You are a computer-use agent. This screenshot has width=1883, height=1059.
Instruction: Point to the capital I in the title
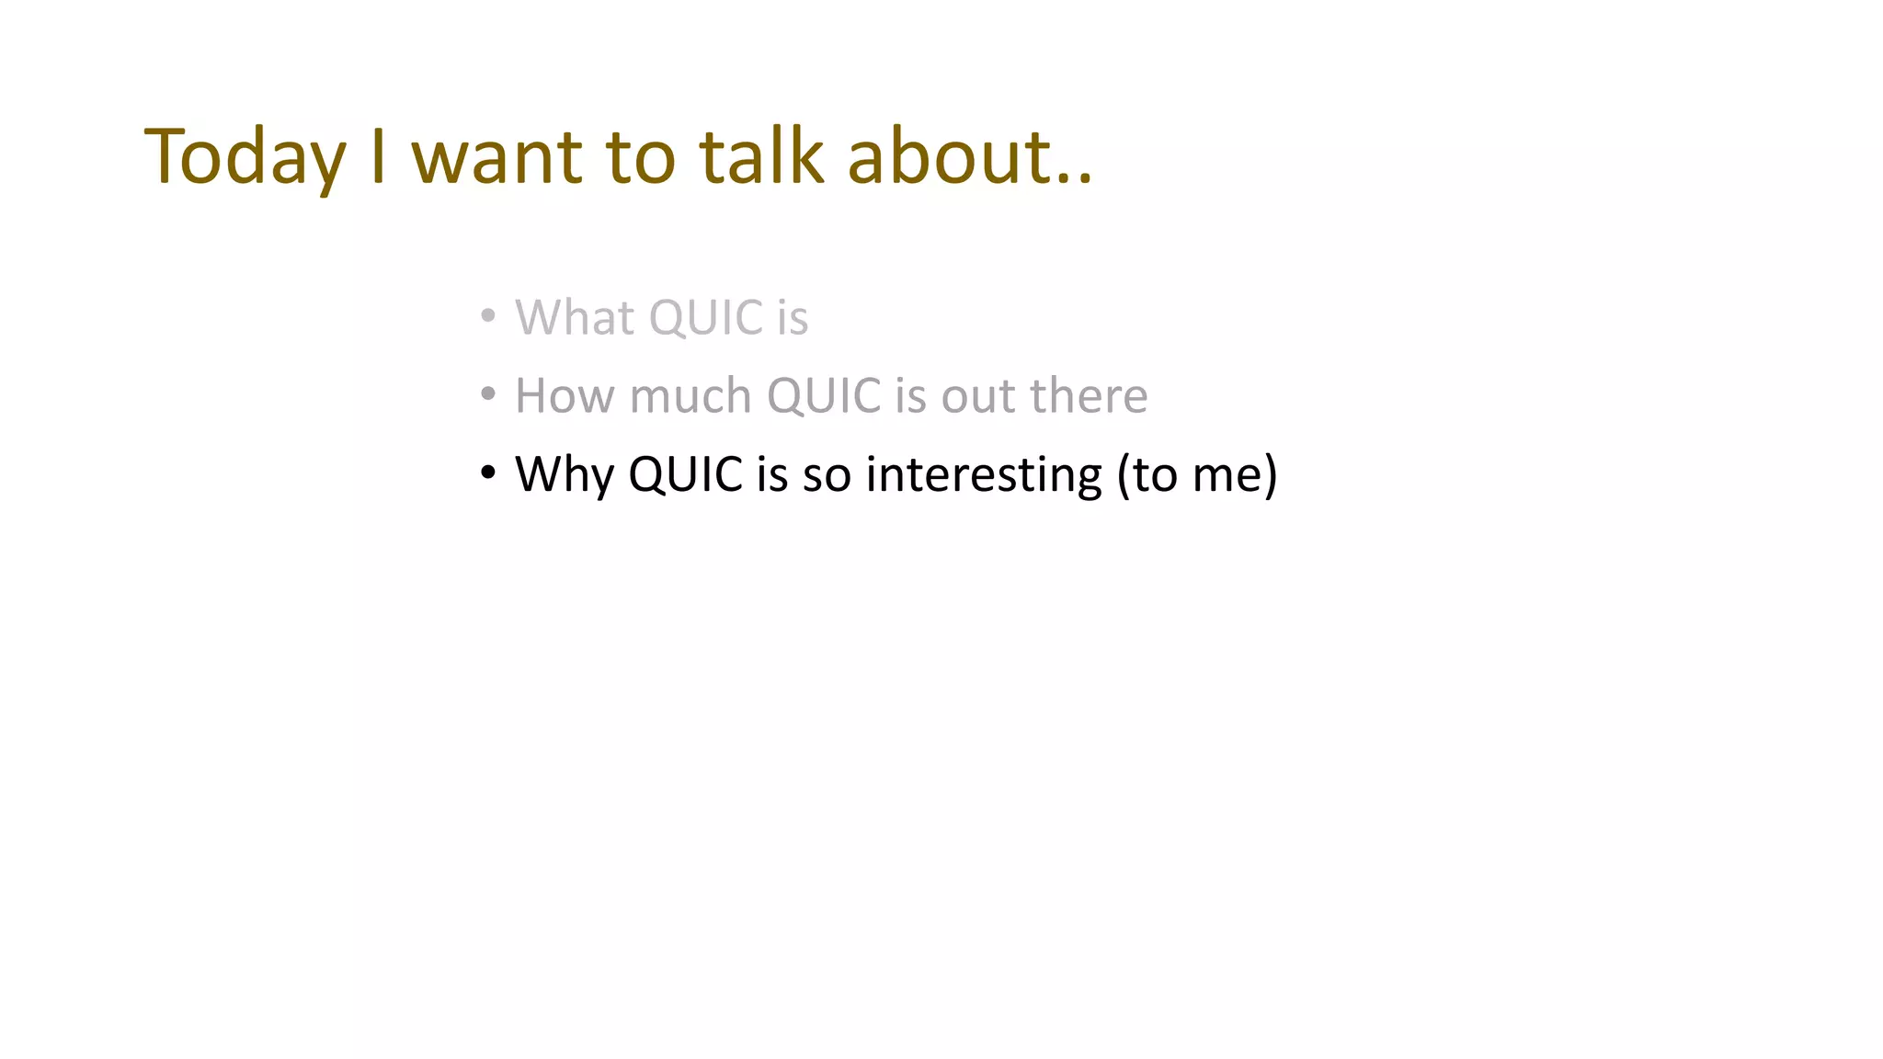coord(377,156)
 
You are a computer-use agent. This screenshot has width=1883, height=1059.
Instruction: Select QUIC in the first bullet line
coord(706,318)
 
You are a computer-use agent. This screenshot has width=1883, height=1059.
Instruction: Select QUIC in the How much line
coord(824,396)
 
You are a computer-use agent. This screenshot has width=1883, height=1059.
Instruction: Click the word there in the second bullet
coord(1089,396)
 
